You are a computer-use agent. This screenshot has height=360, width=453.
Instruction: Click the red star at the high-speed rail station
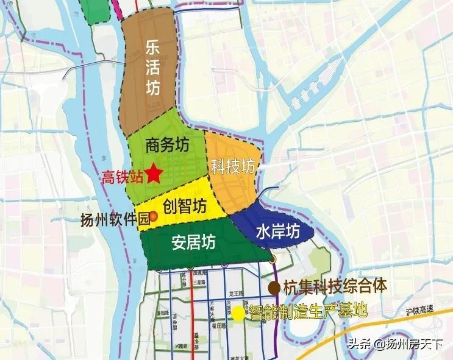tap(154, 174)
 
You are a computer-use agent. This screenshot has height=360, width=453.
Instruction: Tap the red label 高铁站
tap(123, 177)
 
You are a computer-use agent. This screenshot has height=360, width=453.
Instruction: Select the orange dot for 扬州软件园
tap(154, 216)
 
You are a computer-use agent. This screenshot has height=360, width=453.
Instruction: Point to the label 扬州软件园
tap(115, 221)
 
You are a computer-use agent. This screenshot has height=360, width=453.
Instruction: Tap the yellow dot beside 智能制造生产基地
tap(237, 314)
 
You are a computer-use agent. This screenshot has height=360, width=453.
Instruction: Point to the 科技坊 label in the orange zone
tap(232, 165)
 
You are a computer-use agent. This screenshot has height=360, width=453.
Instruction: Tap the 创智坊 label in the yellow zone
tap(186, 205)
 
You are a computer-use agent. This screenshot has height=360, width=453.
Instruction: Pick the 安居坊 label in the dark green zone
tap(193, 242)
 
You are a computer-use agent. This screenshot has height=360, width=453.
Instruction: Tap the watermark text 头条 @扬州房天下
tap(396, 345)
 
